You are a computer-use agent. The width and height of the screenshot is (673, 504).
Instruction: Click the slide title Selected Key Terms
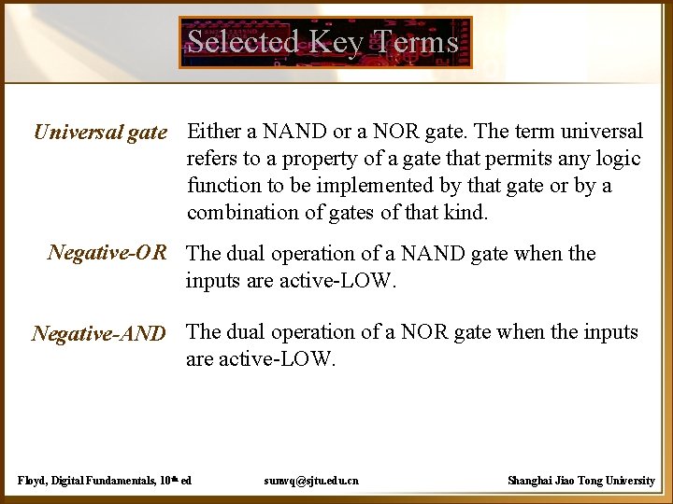tap(323, 42)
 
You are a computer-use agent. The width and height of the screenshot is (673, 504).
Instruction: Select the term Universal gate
tap(100, 133)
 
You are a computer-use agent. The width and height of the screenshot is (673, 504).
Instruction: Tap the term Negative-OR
tap(107, 253)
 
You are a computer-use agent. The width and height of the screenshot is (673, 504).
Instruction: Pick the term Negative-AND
tap(99, 333)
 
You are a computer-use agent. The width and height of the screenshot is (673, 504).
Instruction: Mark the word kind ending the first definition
tap(465, 213)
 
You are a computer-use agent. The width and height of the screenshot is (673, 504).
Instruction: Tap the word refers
tap(213, 159)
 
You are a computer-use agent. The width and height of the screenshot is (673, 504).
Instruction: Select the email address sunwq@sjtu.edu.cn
tap(311, 481)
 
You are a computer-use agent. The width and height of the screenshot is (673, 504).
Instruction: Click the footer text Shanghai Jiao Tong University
tap(580, 481)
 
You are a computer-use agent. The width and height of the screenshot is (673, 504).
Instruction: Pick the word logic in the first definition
tap(618, 159)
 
